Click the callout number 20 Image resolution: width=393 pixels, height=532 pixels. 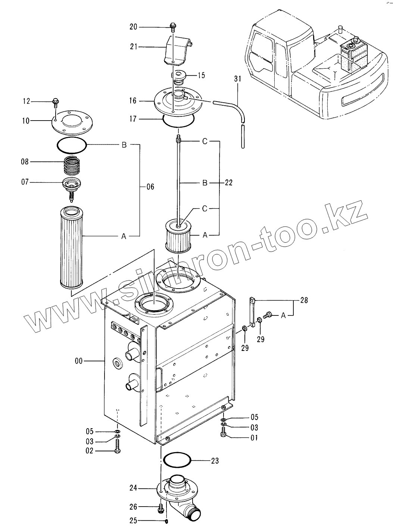133,27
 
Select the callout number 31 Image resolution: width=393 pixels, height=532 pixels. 238,79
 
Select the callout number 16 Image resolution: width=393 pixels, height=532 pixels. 133,101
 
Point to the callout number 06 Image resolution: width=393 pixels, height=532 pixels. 150,187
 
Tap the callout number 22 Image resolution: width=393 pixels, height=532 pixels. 229,183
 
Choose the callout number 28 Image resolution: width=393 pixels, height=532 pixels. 304,300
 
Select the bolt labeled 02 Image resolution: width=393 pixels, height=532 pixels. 118,447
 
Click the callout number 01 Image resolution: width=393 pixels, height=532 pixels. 254,438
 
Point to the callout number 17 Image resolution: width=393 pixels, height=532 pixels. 133,119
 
